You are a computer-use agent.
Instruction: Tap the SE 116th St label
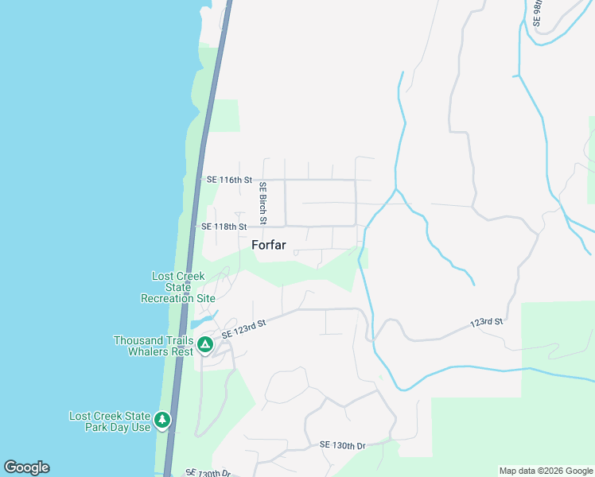pos(229,180)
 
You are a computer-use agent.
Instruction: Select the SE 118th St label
pos(224,227)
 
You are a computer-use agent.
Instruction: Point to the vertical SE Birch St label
pos(262,203)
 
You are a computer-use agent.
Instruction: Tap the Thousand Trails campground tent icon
pos(204,345)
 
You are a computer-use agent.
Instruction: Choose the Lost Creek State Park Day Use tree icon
pos(162,419)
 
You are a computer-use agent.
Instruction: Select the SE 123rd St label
pos(243,327)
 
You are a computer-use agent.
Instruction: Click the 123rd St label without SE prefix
pos(487,323)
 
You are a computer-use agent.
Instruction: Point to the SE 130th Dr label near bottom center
pos(342,445)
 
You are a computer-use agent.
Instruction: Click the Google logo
pos(26,467)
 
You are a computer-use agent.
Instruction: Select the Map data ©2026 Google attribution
pos(546,471)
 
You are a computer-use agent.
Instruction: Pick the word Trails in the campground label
pos(172,339)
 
